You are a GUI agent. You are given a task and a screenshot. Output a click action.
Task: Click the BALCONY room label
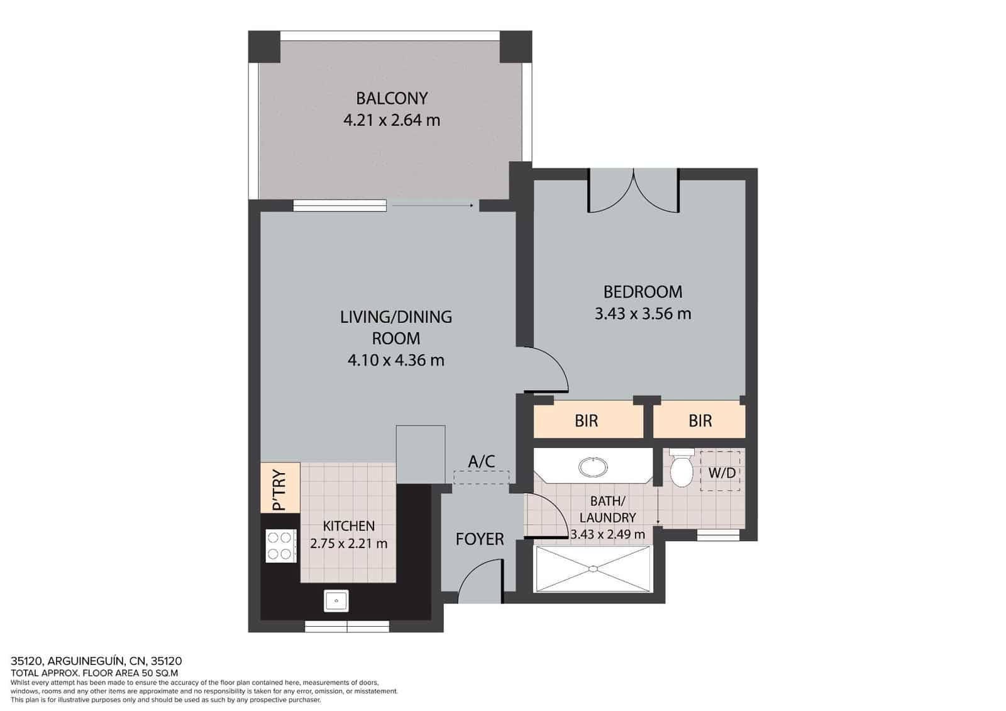coord(392,98)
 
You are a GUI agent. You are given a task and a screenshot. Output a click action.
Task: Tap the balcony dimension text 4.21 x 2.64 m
coord(392,120)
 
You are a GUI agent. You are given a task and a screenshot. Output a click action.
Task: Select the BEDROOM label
coord(643,292)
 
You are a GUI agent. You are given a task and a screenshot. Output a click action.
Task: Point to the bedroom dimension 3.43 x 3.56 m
coord(643,313)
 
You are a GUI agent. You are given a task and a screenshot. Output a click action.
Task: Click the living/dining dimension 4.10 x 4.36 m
coord(395,361)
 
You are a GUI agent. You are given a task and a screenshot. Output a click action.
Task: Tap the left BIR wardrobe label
coord(586,421)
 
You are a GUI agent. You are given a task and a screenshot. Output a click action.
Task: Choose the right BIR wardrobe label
coord(700,421)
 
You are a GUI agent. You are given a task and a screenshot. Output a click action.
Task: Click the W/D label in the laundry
coord(721,472)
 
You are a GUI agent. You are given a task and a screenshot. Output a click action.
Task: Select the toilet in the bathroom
coord(681,468)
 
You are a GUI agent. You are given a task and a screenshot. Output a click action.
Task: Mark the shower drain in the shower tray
coord(592,569)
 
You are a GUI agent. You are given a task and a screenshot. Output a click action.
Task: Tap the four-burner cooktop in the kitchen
coord(280,546)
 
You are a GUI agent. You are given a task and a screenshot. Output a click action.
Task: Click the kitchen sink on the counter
coord(336,600)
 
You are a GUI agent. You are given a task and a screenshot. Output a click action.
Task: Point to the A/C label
coord(481,462)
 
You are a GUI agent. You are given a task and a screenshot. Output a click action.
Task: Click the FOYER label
coord(480,539)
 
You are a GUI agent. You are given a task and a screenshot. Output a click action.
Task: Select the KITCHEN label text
coord(348,526)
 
